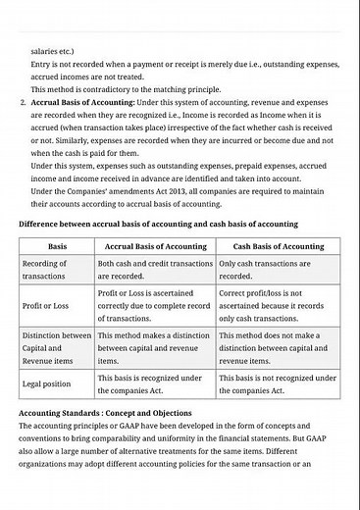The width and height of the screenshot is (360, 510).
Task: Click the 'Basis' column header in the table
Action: [57, 246]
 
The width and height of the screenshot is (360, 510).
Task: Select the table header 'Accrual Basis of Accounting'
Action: [154, 246]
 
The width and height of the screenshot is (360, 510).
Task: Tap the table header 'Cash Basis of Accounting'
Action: [278, 246]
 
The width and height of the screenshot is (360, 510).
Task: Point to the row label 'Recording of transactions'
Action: [45, 270]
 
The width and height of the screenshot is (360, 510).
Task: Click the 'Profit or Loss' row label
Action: [45, 305]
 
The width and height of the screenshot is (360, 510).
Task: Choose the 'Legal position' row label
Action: [46, 383]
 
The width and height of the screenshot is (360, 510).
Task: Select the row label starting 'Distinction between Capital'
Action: [56, 347]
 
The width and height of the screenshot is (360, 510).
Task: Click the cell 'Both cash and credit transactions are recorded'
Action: [154, 270]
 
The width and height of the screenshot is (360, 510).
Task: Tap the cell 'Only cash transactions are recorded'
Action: [278, 270]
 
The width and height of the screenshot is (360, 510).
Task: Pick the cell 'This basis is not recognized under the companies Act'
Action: [278, 383]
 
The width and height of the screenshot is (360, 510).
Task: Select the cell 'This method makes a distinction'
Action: [154, 347]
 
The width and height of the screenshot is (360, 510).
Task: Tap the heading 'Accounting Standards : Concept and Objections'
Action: [105, 413]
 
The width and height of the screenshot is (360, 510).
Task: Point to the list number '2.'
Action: [23, 101]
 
